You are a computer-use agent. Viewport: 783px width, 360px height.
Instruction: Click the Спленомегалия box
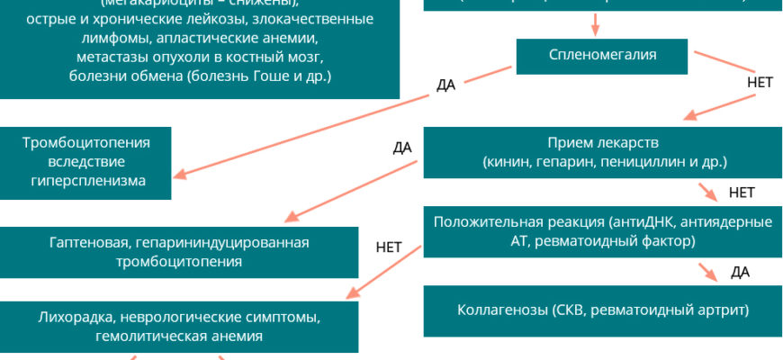click(x=602, y=55)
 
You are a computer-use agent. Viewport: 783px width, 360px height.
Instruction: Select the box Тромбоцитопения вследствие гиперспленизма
click(x=85, y=162)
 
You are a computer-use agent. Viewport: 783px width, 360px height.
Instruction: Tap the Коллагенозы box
click(x=602, y=310)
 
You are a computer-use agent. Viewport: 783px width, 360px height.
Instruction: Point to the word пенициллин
click(x=640, y=162)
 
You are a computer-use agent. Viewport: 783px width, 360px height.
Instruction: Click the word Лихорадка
click(x=77, y=318)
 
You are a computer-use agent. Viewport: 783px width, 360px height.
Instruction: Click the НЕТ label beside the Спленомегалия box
click(x=760, y=81)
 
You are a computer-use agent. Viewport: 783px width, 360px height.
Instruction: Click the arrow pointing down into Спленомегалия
click(x=594, y=22)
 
